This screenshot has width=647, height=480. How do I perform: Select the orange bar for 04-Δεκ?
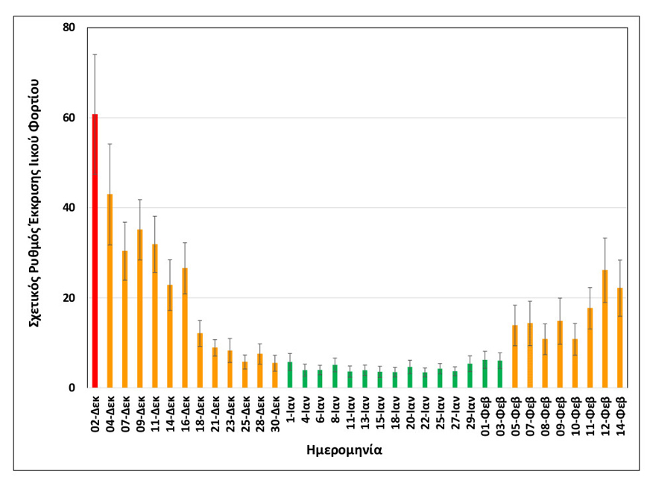click(110, 291)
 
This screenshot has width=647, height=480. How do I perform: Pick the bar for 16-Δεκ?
click(185, 328)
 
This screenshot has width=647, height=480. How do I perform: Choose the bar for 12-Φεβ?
click(605, 329)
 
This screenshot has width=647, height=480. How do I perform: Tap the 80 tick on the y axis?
click(69, 28)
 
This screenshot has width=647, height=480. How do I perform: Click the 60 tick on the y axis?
click(69, 118)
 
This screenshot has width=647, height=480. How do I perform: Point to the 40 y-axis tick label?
click(69, 208)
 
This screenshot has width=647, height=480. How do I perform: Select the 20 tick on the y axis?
click(69, 298)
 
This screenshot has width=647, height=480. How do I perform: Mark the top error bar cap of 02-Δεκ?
click(95, 54)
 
